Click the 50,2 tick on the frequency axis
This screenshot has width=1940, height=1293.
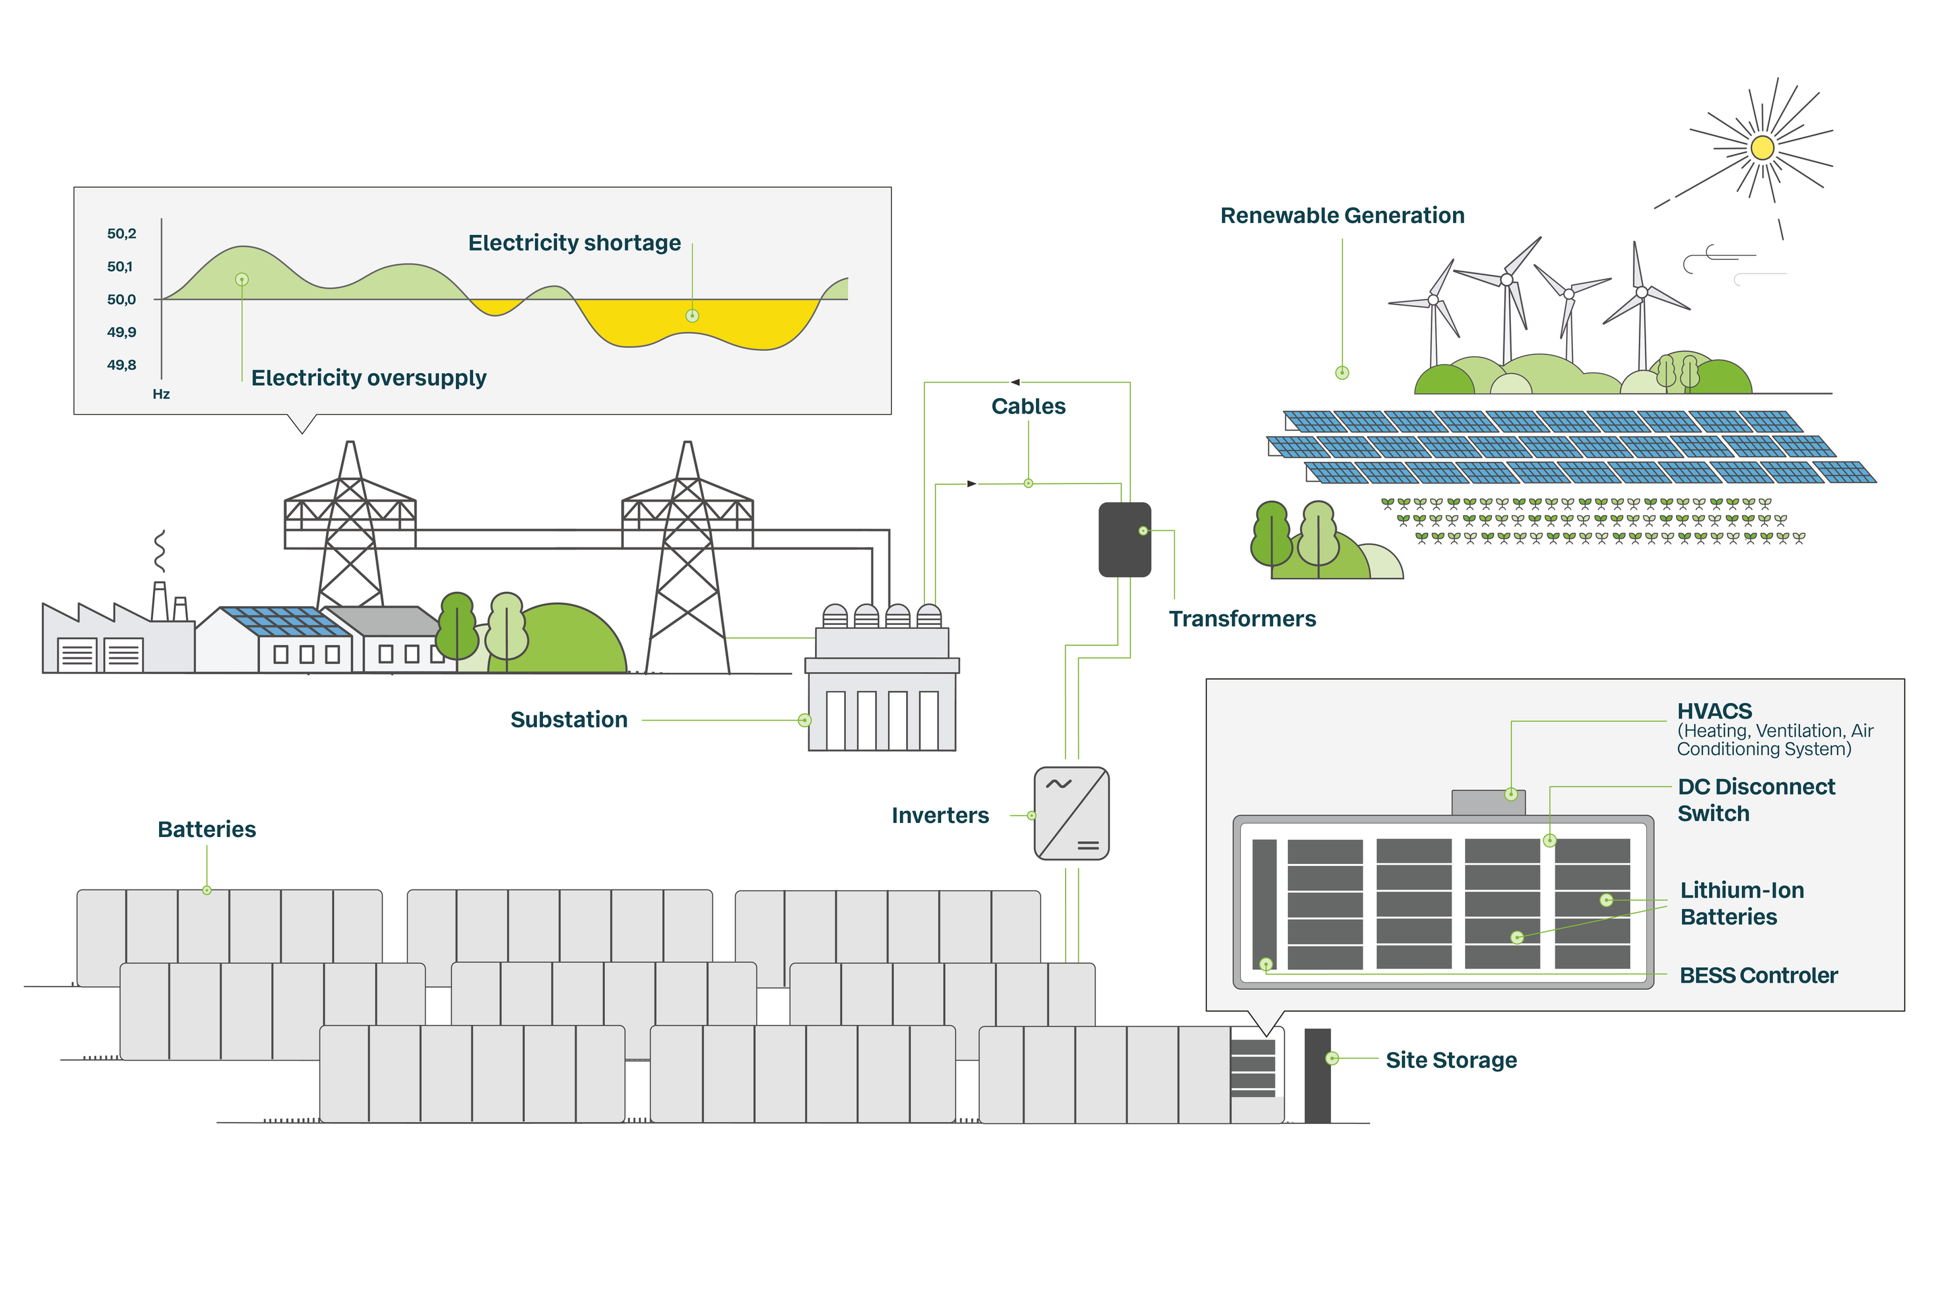point(121,234)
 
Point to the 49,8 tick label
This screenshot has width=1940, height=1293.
point(121,365)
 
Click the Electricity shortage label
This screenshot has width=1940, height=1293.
point(574,243)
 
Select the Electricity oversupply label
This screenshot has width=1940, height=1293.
point(368,378)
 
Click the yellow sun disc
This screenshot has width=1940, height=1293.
point(1762,148)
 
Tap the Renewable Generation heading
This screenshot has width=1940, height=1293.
point(1342,216)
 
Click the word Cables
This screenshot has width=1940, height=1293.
point(1028,407)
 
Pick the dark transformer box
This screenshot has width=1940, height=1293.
point(1124,539)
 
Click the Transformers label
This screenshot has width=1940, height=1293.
point(1242,620)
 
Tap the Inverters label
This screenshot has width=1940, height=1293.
point(940,816)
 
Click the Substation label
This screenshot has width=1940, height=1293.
point(569,720)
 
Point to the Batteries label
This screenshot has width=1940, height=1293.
point(206,830)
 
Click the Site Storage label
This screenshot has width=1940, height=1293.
point(1451,1061)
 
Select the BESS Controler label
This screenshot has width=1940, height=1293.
point(1759,976)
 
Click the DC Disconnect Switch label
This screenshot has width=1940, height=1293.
point(1755,800)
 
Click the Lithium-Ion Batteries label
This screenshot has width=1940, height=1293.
point(1741,904)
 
